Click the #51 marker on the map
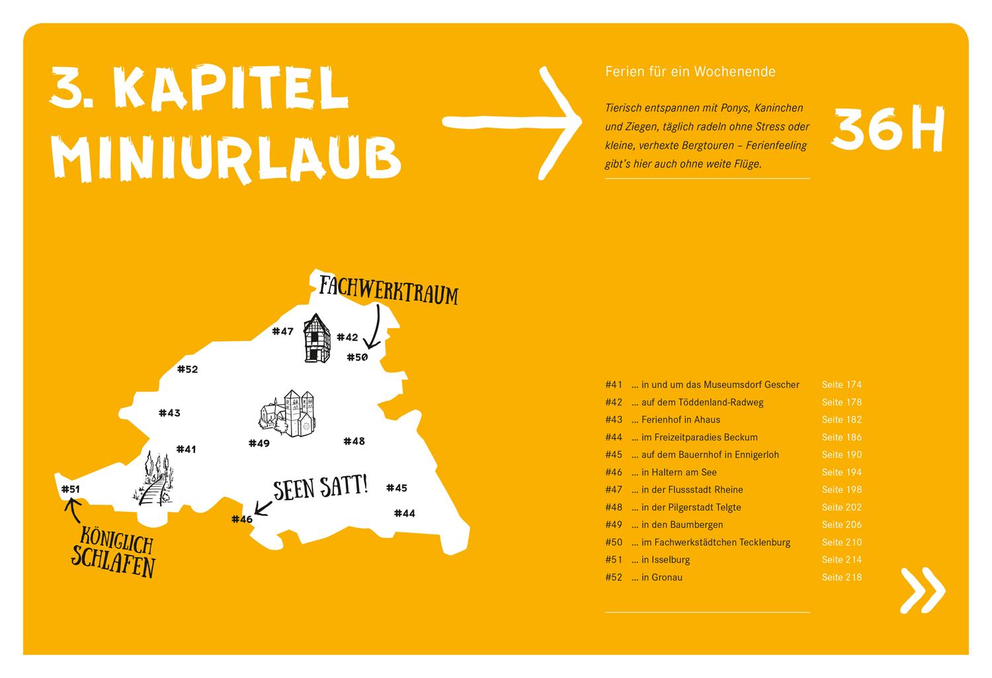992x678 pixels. [70, 489]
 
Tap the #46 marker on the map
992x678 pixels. [242, 519]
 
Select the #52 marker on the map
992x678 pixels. [187, 369]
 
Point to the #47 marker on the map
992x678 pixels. [282, 331]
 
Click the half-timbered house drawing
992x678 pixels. [317, 338]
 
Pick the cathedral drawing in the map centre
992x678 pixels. [288, 413]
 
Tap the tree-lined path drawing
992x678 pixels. [153, 478]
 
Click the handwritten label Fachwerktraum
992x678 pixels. [388, 290]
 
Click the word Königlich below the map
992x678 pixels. [117, 540]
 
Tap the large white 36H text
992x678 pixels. [888, 128]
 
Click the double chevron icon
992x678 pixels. [923, 590]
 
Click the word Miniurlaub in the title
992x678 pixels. [226, 158]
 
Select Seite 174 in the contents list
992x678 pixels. [842, 384]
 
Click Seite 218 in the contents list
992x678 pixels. [842, 577]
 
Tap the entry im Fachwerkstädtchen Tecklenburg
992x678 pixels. [711, 542]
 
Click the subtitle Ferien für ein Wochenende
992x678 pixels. [690, 71]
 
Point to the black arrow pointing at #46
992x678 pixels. [263, 509]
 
